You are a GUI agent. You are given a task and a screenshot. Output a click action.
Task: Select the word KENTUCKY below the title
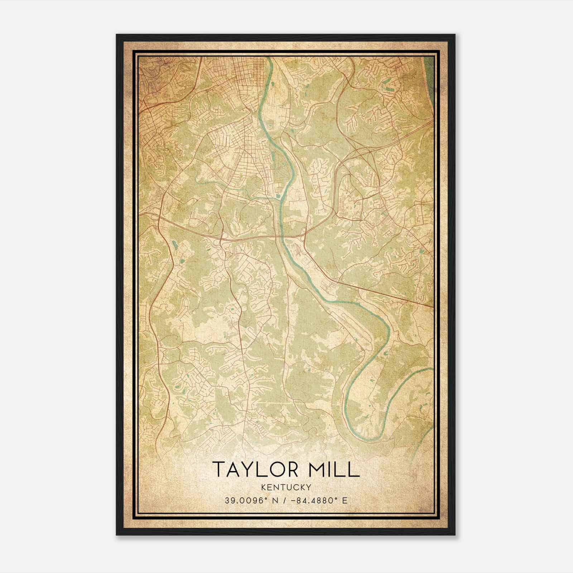(286, 487)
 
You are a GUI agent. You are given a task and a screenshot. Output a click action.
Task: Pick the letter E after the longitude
(345, 500)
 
